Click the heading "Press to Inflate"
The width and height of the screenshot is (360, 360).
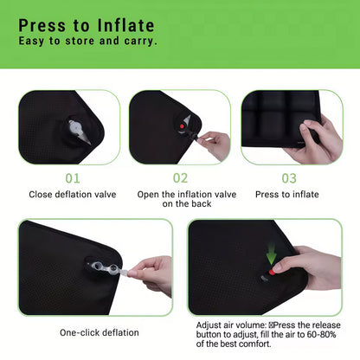pyautogui.click(x=87, y=25)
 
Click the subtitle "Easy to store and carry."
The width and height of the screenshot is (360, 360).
pyautogui.click(x=87, y=41)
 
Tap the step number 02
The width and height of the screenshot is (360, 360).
pyautogui.click(x=179, y=178)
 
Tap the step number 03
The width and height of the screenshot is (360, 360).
pyautogui.click(x=288, y=178)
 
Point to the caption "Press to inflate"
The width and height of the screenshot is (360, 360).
pyautogui.click(x=288, y=195)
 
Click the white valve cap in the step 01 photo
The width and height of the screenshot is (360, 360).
pyautogui.click(x=77, y=131)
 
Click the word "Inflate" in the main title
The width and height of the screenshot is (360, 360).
pyautogui.click(x=125, y=25)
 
